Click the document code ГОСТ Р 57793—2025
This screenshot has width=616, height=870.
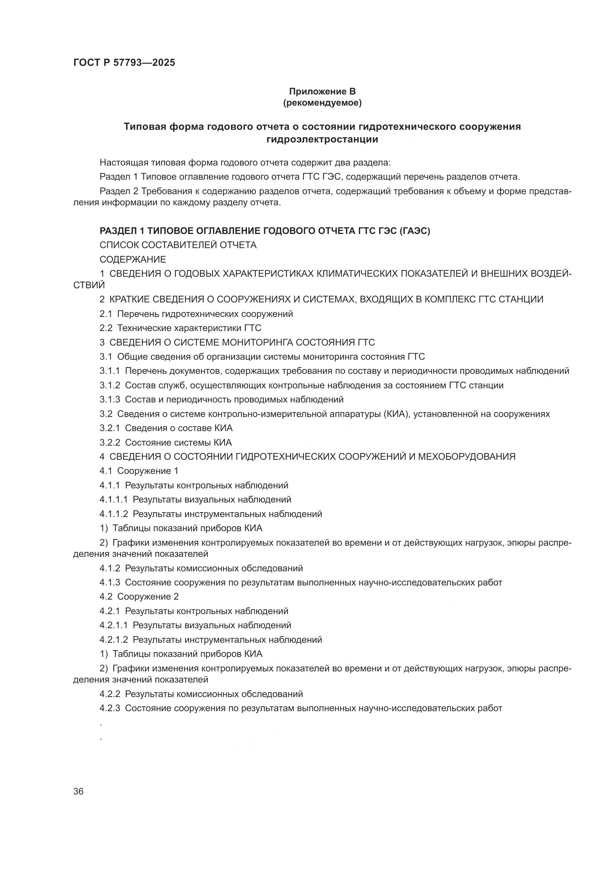[x=124, y=62]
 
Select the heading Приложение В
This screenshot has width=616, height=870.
[x=323, y=92]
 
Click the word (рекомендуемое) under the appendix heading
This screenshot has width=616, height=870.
[x=323, y=103]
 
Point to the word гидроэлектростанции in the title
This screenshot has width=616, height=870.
[x=323, y=139]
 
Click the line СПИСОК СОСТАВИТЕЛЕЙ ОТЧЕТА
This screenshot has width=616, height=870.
[x=178, y=245]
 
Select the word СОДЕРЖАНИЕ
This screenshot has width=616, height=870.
[x=133, y=260]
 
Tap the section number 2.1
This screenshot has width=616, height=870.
[x=106, y=314]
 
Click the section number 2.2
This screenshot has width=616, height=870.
[x=106, y=328]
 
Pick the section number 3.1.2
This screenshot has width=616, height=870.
[x=109, y=385]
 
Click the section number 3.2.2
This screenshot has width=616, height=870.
[x=109, y=443]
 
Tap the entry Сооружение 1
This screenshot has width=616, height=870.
[x=147, y=471]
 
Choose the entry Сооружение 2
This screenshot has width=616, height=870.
[x=147, y=597]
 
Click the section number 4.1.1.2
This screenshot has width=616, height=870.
[x=114, y=514]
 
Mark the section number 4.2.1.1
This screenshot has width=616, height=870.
[x=114, y=625]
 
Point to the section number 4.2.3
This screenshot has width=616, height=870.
[x=109, y=708]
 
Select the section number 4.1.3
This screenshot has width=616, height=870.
[x=109, y=582]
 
